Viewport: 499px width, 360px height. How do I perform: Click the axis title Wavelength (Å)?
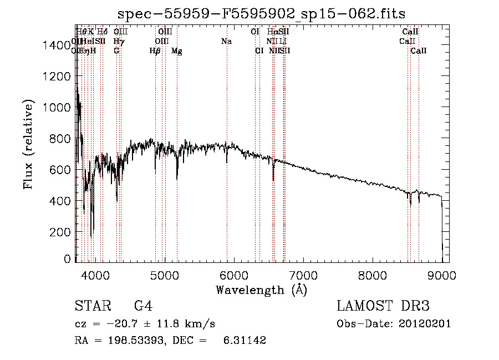tap(261, 289)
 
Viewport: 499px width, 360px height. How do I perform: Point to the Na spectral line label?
tap(226, 41)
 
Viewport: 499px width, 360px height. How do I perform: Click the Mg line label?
tap(177, 51)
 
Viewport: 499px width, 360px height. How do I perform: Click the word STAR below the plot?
tap(92, 306)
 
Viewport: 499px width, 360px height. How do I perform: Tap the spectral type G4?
tap(143, 306)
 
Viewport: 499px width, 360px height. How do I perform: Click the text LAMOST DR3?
tap(383, 306)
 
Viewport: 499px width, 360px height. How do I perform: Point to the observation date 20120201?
tap(426, 324)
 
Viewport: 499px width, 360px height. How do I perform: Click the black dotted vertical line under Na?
tap(227, 111)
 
